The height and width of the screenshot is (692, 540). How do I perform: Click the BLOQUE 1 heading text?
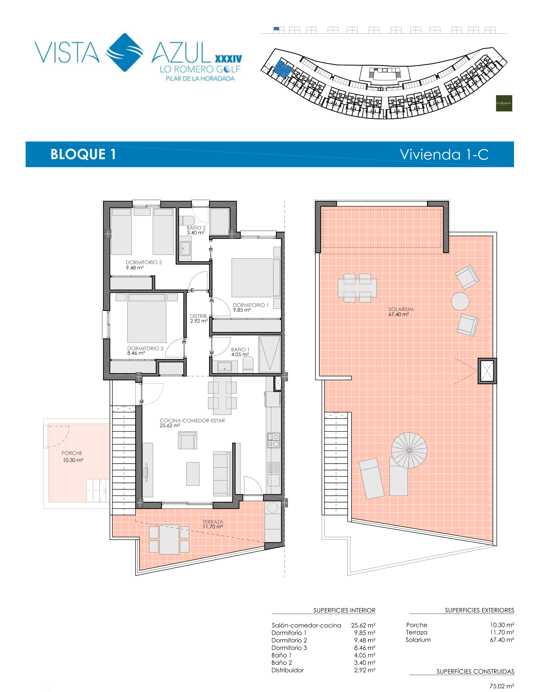coord(83,154)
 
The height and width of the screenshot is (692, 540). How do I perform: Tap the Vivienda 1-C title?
coord(444,155)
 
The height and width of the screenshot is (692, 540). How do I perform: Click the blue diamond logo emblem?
coord(125,52)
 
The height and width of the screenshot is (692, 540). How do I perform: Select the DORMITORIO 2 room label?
coord(144,262)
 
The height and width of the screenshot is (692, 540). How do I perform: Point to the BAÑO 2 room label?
coord(196,228)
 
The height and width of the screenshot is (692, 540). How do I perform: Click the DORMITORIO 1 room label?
coord(251,305)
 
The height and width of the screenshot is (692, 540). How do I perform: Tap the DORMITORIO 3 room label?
coord(145,348)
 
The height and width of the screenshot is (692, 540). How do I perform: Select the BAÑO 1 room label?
coord(240,350)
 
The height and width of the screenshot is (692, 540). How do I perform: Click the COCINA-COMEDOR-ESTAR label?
coord(192,420)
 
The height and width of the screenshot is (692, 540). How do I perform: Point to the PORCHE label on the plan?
coord(72,453)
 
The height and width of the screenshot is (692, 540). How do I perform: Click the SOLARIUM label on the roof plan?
coord(401,309)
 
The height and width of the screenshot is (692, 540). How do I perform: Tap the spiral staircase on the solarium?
coord(409,450)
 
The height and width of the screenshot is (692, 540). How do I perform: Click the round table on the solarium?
coord(460,301)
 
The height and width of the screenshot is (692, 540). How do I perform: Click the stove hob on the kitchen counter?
coord(274,440)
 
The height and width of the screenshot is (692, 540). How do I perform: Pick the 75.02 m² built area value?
coord(502,686)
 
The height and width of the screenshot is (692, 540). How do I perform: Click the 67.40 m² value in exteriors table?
coord(502,640)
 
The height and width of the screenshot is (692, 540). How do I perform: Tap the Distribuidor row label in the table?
coord(288,670)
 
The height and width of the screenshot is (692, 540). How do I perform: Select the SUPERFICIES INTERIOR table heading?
coord(344,610)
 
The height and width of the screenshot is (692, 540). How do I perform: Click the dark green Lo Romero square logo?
coord(504,103)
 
